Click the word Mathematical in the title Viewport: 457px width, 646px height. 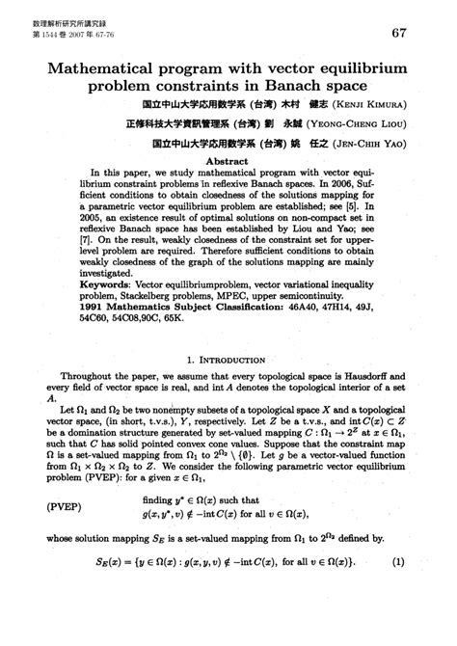pos(103,69)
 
